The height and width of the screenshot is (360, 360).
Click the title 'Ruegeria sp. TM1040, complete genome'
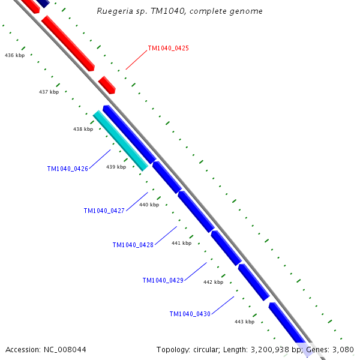pyautogui.click(x=179, y=11)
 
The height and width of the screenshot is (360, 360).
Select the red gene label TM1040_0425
pyautogui.click(x=168, y=48)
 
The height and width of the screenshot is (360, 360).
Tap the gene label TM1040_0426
pyautogui.click(x=68, y=169)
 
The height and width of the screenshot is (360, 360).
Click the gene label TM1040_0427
pyautogui.click(x=104, y=211)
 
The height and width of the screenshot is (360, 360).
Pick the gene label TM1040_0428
pyautogui.click(x=133, y=245)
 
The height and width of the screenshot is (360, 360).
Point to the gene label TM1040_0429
pyautogui.click(x=163, y=280)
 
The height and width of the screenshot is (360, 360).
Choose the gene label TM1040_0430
pyautogui.click(x=190, y=314)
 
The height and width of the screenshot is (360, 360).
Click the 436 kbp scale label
pyautogui.click(x=14, y=55)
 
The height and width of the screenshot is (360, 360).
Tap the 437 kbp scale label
pyautogui.click(x=49, y=92)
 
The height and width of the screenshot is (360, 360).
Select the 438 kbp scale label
pyautogui.click(x=83, y=129)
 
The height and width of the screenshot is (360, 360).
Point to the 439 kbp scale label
pyautogui.click(x=116, y=167)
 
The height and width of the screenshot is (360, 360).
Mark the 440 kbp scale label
pyautogui.click(x=149, y=205)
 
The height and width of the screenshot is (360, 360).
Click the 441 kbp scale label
pyautogui.click(x=181, y=243)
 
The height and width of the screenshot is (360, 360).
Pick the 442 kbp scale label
pyautogui.click(x=213, y=282)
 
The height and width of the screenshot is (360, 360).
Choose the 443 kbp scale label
pyautogui.click(x=244, y=322)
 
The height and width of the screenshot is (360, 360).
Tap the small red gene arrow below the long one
pyautogui.click(x=107, y=85)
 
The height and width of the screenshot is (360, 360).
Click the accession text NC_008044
pyautogui.click(x=46, y=349)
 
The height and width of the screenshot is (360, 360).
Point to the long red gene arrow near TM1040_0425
pyautogui.click(x=68, y=44)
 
